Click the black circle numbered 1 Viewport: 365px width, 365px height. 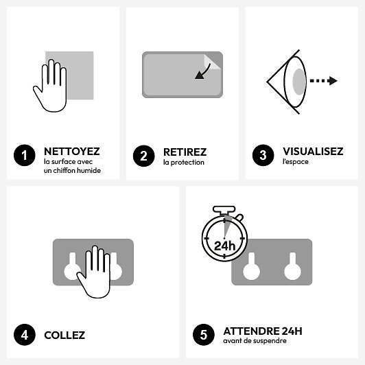pos(24,156)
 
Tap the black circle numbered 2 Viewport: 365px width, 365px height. pos(143,156)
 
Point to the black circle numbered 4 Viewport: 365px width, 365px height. pos(24,335)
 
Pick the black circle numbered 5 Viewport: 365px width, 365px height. pos(203,335)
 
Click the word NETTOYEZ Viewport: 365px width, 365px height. pos(71,152)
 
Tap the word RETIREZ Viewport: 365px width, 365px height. pos(185,152)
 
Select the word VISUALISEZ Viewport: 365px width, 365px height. pos(313,152)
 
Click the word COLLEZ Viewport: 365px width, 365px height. pos(64,335)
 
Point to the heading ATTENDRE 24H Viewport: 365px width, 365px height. pos(262,331)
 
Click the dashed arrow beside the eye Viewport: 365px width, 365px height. pos(323,81)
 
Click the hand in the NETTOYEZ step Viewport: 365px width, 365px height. pos(50,86)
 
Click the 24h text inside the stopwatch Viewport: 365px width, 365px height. pos(224,245)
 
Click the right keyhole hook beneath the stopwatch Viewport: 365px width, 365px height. pos(292,264)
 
